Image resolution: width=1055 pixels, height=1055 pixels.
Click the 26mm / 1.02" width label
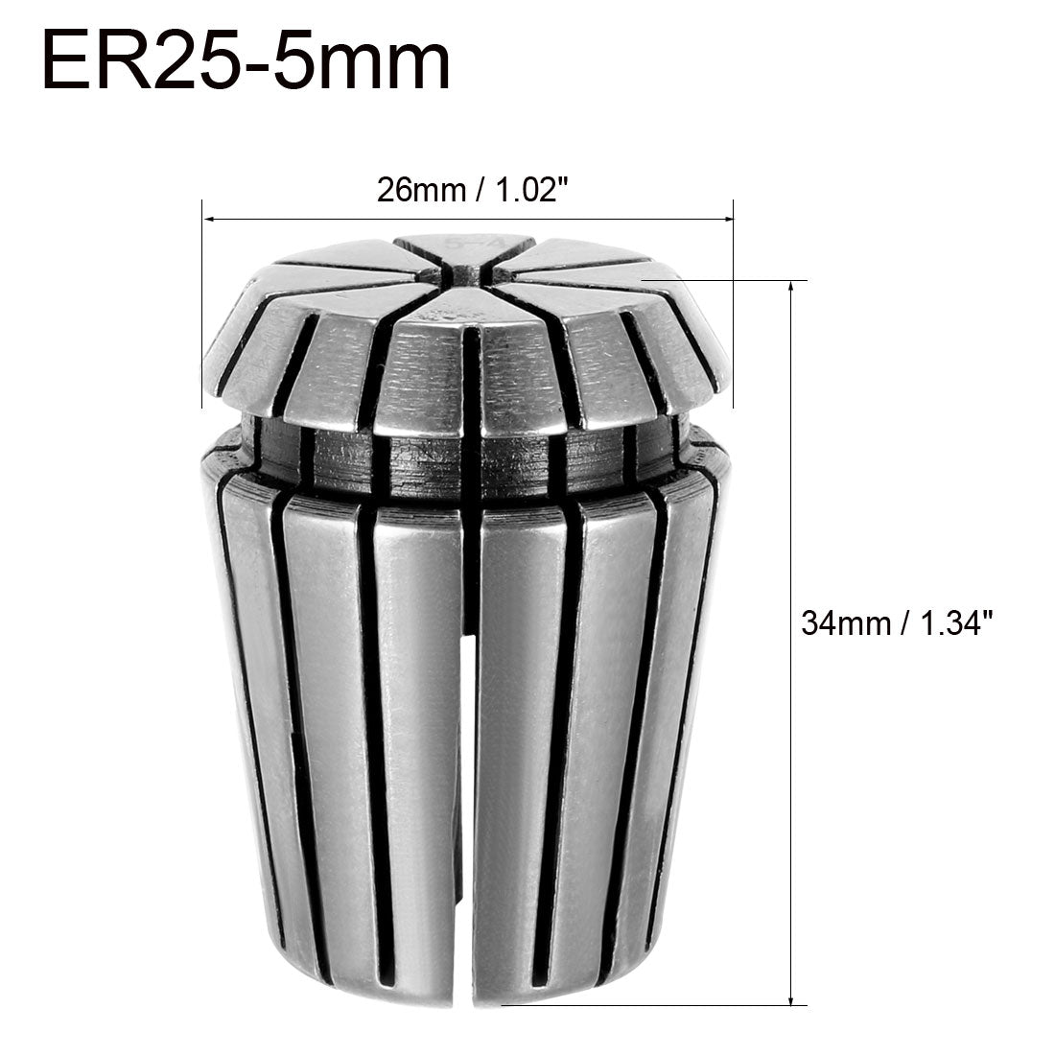tap(467, 190)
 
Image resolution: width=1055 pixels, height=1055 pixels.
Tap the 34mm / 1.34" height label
tap(895, 624)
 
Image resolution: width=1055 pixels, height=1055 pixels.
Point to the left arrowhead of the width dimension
tap(208, 220)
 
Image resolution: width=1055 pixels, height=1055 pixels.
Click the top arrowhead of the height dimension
tap(791, 288)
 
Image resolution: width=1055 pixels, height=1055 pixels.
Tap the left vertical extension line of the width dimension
tap(202, 307)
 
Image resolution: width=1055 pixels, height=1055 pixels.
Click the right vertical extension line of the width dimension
tap(734, 307)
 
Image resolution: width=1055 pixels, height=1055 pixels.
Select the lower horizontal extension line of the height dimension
tap(652, 1005)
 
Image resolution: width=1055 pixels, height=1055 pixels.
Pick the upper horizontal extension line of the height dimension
tap(729, 281)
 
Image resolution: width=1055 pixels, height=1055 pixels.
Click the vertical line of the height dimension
tap(791, 480)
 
